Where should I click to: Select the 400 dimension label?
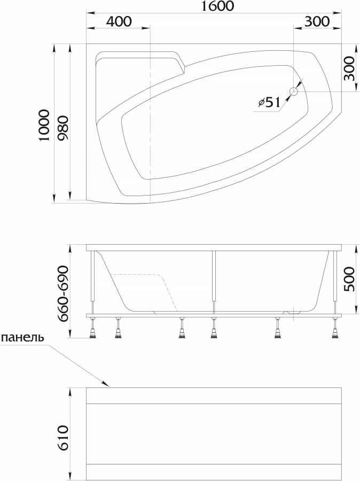point(119,22)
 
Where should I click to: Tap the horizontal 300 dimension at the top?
point(316,22)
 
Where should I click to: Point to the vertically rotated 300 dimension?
point(349,68)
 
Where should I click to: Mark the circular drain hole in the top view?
point(293,92)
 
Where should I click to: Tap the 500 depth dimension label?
point(349,278)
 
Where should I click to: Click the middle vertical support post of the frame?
point(214,281)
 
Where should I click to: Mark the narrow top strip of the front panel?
point(214,395)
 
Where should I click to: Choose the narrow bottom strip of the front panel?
point(214,471)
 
